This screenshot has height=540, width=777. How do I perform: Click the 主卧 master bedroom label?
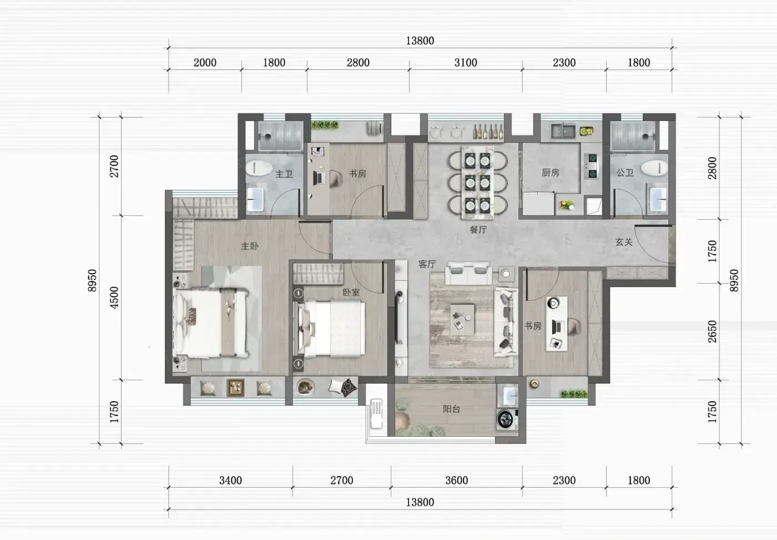250,246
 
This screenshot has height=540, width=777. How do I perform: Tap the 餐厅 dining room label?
478,230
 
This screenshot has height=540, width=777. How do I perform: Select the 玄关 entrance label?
624,242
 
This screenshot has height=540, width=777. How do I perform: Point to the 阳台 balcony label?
452,409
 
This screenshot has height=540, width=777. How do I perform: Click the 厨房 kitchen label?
551,173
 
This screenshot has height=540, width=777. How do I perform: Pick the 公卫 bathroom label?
625,173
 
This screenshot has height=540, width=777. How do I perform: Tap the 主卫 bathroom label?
284,174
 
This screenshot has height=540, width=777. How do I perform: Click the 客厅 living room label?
427,265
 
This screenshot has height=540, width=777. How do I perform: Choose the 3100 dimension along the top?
466,63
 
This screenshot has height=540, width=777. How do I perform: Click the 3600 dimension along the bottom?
457,481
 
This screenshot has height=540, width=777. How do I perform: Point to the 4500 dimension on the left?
114,297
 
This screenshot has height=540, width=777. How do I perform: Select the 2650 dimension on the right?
712,331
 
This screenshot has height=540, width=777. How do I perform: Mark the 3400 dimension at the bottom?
231,481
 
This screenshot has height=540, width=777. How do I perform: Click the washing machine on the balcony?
507,420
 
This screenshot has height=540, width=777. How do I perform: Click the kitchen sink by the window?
563,132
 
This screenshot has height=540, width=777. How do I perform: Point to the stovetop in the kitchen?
592,166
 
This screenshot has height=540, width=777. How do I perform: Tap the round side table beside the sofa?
506,274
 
